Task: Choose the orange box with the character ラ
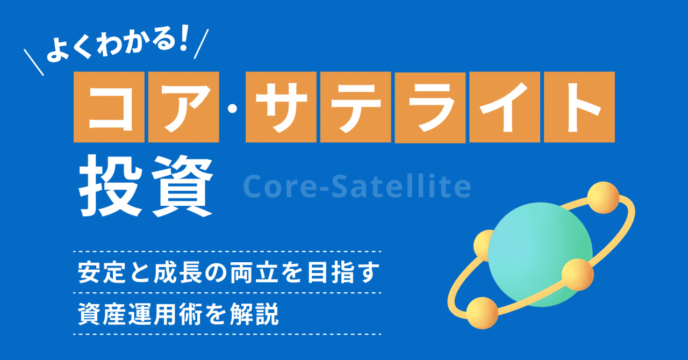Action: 430,108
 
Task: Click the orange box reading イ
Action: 504,107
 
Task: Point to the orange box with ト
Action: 579,107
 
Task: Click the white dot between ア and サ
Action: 232,109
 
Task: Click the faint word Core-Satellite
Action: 356,186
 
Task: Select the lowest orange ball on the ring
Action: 482,313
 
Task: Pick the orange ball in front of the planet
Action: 577,274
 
